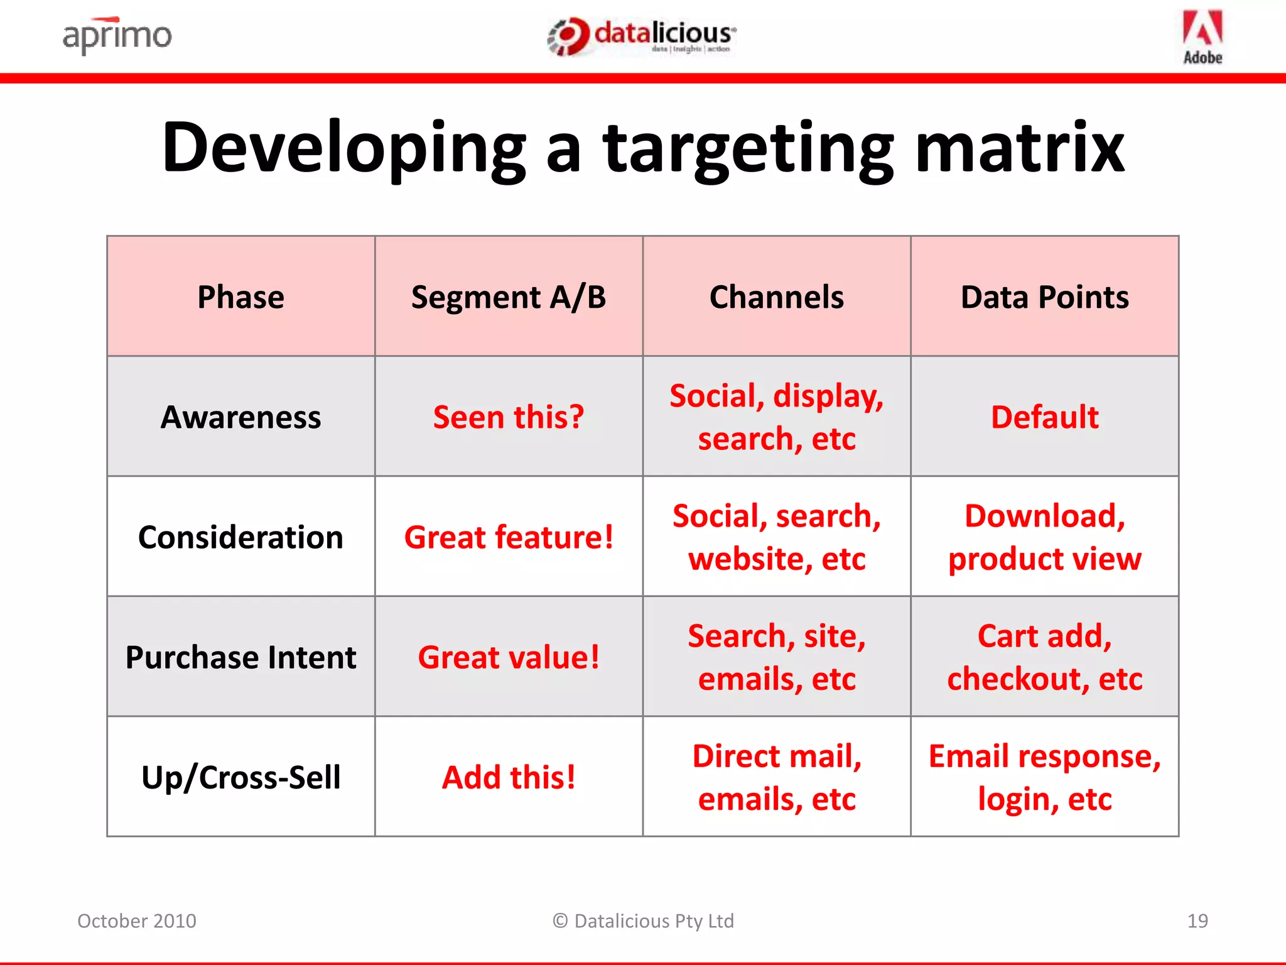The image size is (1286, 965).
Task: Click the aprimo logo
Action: click(117, 35)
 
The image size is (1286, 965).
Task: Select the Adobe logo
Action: click(1202, 36)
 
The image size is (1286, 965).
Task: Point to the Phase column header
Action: click(240, 297)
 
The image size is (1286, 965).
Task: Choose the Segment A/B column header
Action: click(509, 297)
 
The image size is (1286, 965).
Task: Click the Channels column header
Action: click(776, 297)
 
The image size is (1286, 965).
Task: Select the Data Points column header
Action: click(1044, 297)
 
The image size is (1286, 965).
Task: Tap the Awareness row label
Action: click(240, 417)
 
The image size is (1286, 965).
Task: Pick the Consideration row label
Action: click(240, 537)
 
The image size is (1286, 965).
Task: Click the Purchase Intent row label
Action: click(240, 657)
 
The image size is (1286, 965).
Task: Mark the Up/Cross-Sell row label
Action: click(240, 777)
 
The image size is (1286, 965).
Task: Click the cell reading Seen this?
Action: click(509, 417)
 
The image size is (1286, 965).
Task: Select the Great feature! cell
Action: click(509, 537)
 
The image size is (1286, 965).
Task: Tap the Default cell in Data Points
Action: click(1044, 417)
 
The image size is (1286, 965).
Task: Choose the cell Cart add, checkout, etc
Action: click(1044, 657)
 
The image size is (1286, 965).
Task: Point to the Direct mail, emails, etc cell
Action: click(776, 777)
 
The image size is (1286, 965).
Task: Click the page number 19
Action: click(1197, 920)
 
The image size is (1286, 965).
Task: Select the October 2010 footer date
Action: click(137, 920)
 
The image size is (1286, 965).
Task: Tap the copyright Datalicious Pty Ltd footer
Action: click(643, 920)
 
